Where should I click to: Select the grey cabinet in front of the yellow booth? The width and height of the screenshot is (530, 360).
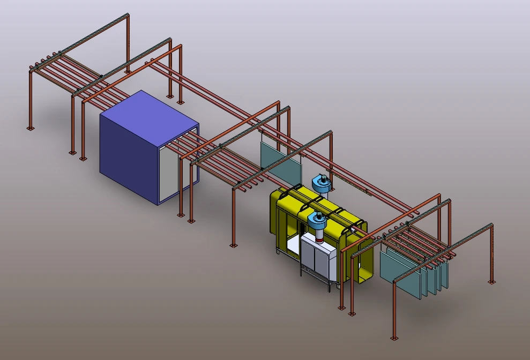(319, 260)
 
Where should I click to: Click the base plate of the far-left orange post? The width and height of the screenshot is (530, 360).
(31, 128)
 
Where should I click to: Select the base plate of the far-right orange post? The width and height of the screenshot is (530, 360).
(491, 282)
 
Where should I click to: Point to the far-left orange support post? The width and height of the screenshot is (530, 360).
(31, 99)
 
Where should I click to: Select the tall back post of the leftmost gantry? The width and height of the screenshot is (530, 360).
(128, 43)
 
